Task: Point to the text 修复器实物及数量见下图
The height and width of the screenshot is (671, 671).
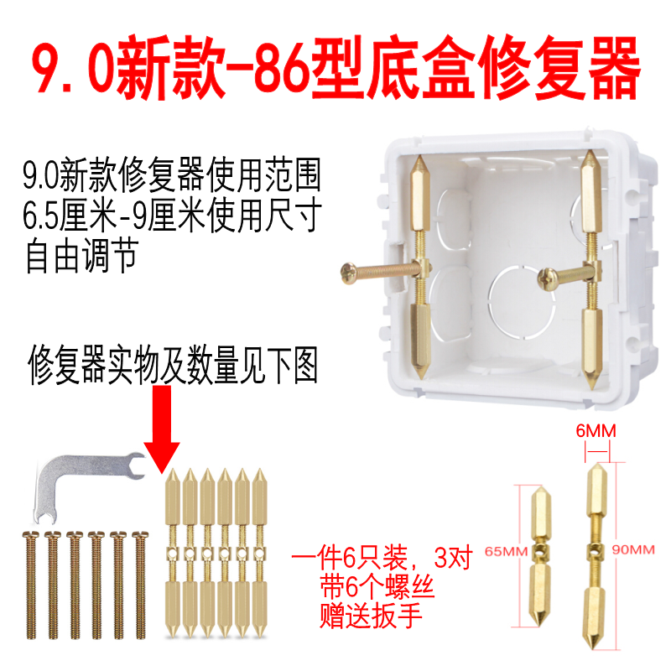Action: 173,366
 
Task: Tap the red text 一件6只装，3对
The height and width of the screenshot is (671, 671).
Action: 382,556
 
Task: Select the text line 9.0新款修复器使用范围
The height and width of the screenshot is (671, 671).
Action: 172,177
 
